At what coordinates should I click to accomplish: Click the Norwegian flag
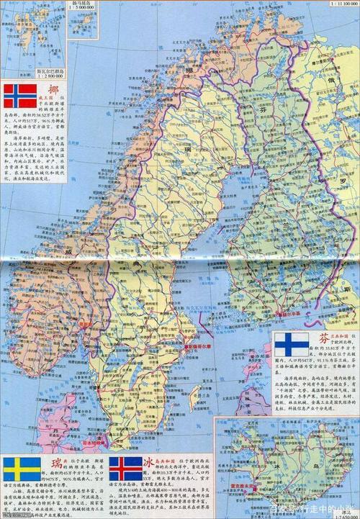[x=20, y=96]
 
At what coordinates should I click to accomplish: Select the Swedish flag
[x=22, y=469]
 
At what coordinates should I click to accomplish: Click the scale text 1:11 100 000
[x=343, y=4]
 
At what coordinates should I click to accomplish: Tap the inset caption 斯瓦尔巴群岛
[x=49, y=70]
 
